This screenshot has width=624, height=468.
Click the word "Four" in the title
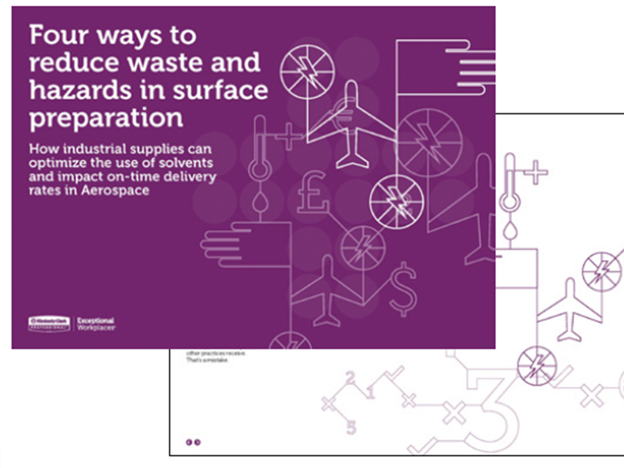pos(57,36)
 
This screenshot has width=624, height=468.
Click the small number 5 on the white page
pos(351,428)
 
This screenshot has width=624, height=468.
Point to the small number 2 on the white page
pos(350,377)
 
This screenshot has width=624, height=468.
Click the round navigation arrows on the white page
pos(193,442)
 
